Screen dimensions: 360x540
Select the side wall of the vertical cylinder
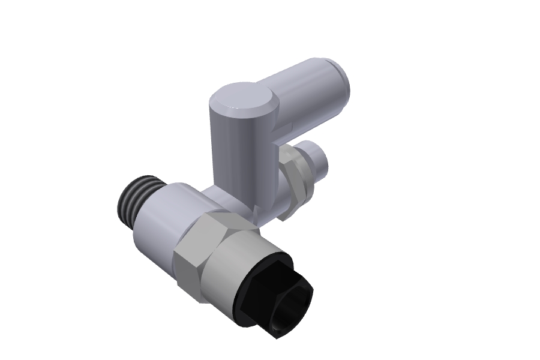(237, 156)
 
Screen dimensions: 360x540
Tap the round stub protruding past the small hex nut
(315, 159)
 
